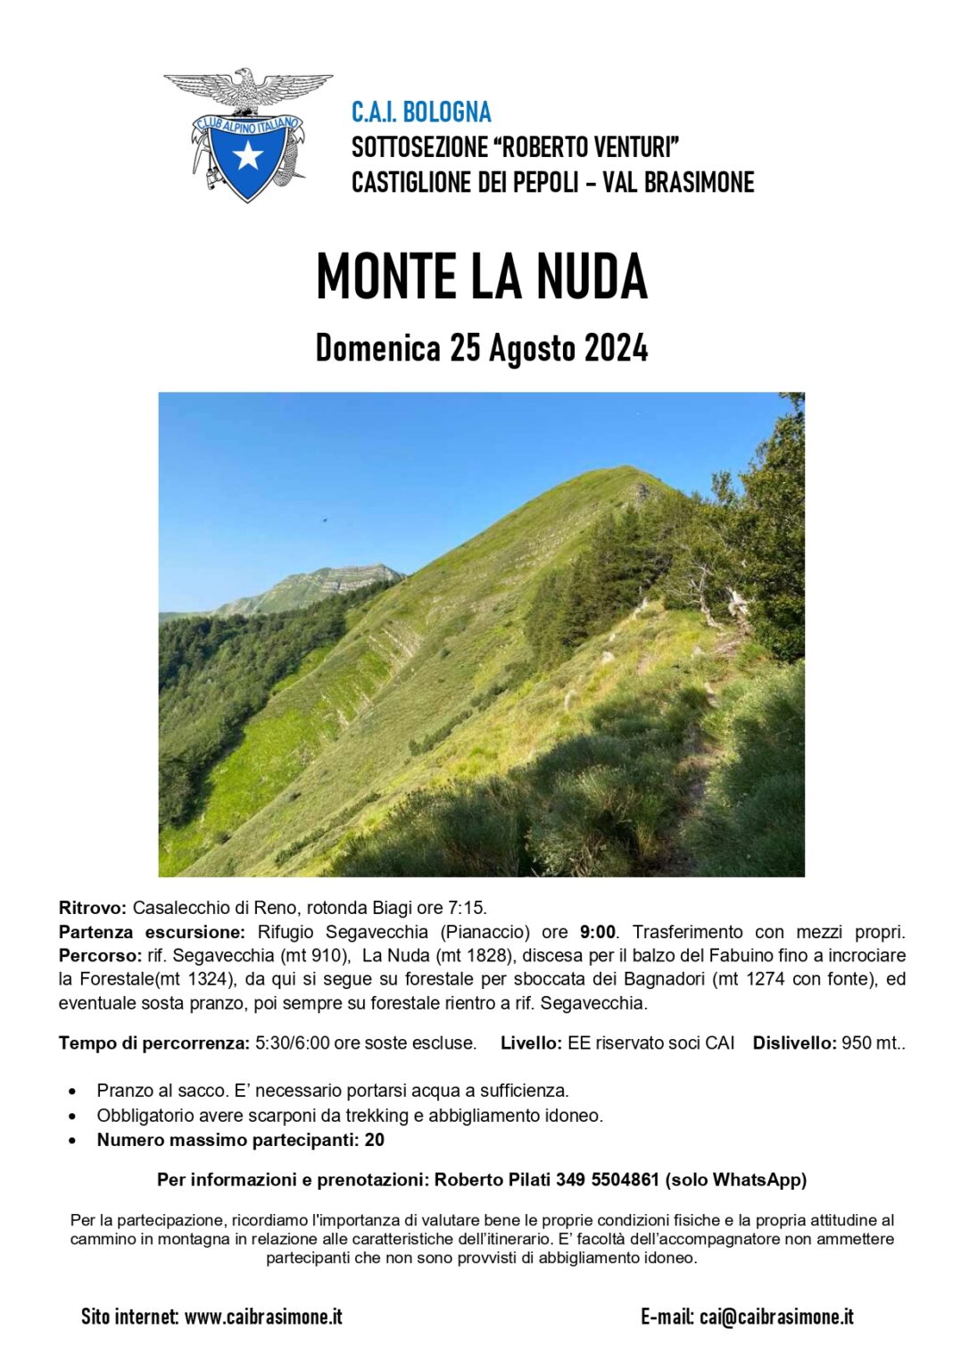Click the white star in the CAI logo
pos(247,155)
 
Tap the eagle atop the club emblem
pos(247,88)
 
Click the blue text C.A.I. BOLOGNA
pos(421,112)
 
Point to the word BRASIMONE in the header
pos(700,183)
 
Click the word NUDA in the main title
pos(592,277)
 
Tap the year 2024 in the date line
pos(616,348)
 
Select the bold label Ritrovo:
pos(93,909)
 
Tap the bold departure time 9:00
pos(597,933)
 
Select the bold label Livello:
pos(531,1043)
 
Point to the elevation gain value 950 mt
pos(873,1043)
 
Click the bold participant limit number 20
pos(375,1141)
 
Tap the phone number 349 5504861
pos(607,1180)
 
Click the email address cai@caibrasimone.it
pos(776,1317)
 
